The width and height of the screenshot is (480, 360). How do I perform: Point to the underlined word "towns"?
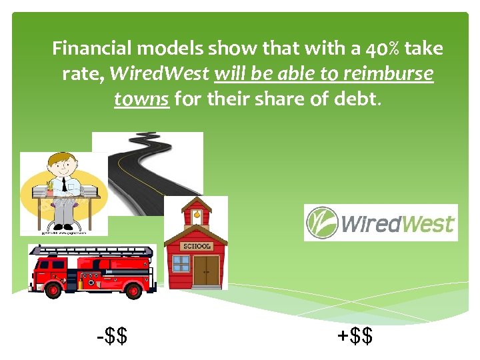tap(141, 99)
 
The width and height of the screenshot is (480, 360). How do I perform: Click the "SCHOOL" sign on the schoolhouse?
tap(197, 246)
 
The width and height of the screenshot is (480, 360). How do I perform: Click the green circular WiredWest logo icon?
tap(321, 223)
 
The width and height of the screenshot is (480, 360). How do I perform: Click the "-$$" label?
tap(112, 335)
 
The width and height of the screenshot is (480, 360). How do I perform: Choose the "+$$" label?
tap(355, 335)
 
